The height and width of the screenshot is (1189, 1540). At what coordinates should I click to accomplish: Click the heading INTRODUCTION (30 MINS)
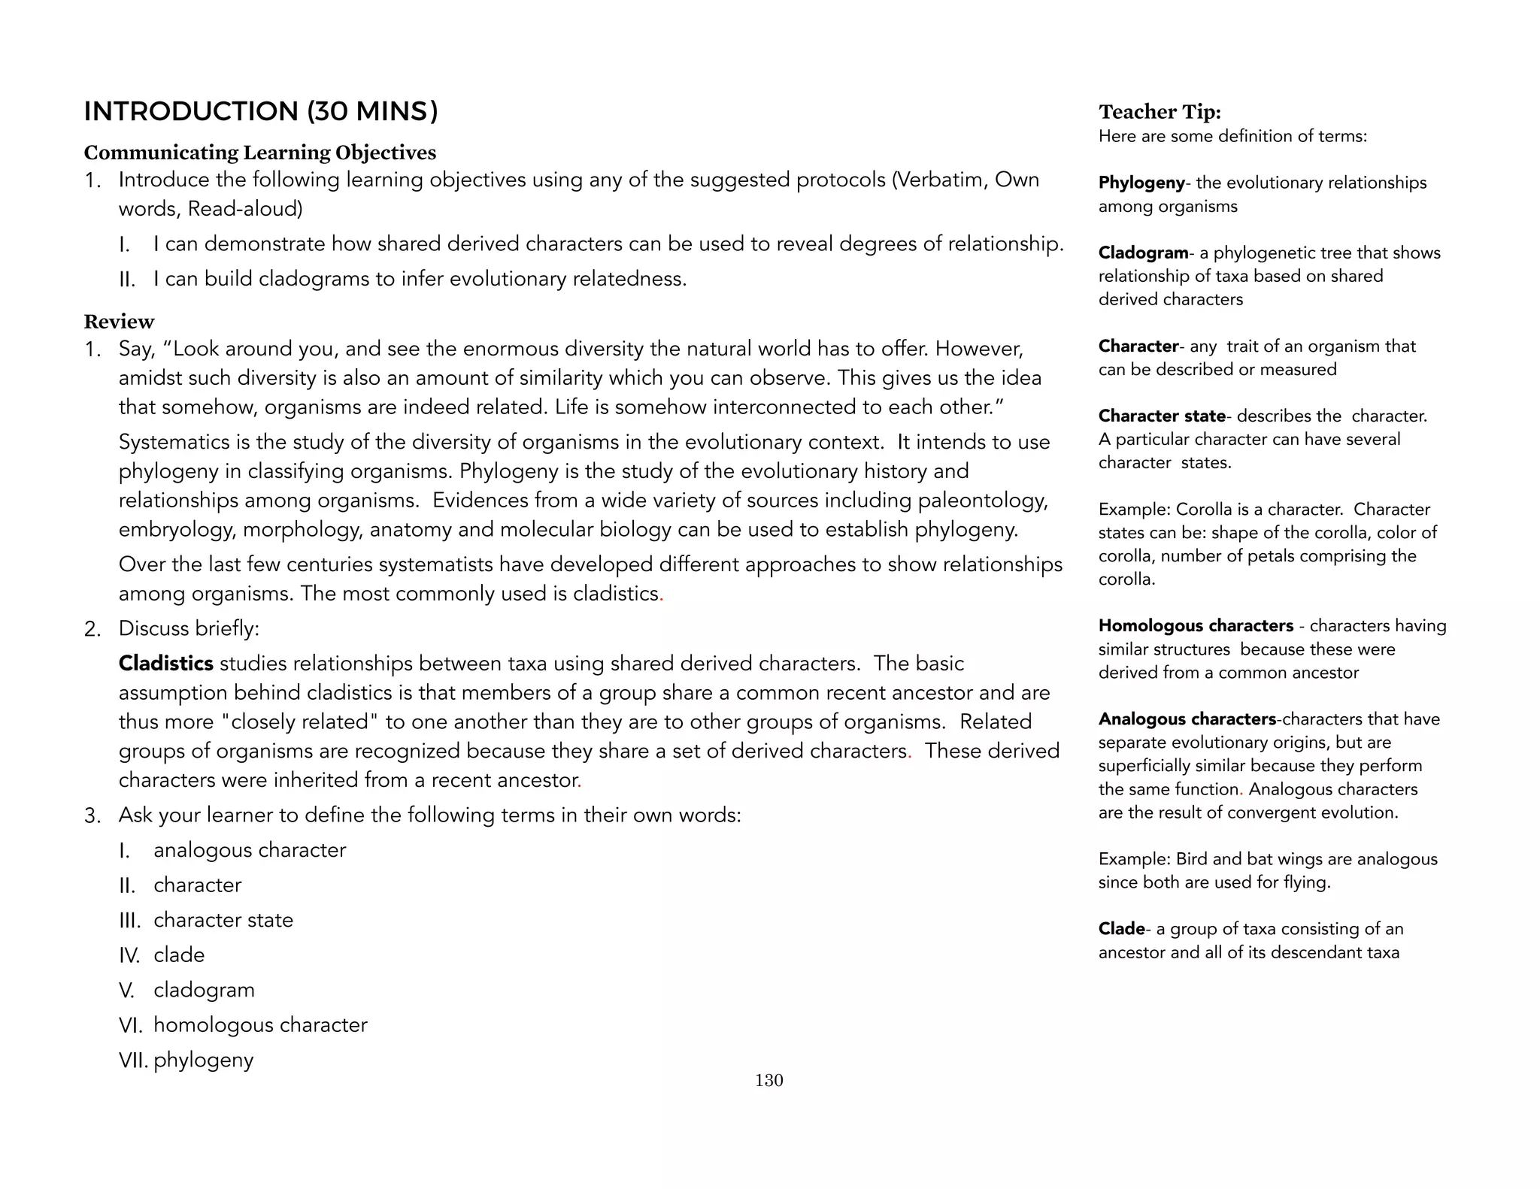coord(260,111)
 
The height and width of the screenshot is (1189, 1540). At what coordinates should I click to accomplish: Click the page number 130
coord(768,1080)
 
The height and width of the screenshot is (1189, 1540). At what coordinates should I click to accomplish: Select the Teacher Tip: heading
coord(1160,112)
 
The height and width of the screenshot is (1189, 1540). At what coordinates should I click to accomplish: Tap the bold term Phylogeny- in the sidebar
coord(1141,183)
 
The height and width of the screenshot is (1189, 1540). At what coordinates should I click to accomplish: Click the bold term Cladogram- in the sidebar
coord(1143,253)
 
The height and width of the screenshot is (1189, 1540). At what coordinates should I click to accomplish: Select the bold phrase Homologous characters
coord(1196,625)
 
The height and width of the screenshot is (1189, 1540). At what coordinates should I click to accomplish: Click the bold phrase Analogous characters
coord(1187,719)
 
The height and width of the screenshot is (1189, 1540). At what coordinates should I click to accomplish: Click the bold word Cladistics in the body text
coord(166,664)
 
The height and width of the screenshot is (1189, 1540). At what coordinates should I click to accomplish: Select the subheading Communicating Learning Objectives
coord(259,153)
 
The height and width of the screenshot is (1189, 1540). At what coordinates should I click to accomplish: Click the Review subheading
coord(119,322)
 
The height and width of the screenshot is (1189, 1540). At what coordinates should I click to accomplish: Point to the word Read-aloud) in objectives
coord(245,209)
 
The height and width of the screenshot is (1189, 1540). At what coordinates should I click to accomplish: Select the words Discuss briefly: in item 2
coord(189,628)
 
